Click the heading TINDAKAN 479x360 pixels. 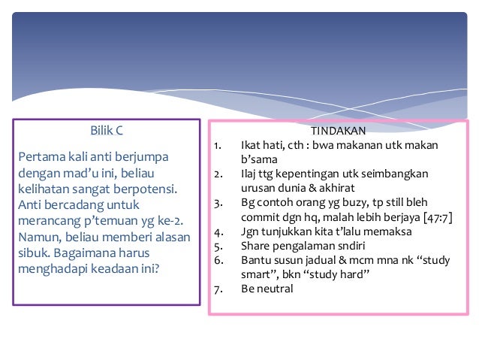336,131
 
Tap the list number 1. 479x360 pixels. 218,145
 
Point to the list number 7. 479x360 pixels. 218,288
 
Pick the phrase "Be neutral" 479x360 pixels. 267,288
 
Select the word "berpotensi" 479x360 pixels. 146,189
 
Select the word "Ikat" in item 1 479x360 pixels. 250,145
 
